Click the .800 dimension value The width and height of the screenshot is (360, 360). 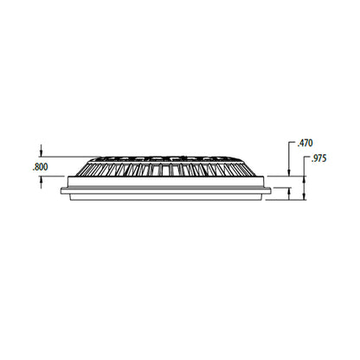39,167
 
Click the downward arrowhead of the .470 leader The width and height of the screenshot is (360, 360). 289,173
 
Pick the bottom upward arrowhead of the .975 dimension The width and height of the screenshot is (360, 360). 304,196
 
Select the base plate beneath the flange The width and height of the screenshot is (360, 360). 166,196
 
